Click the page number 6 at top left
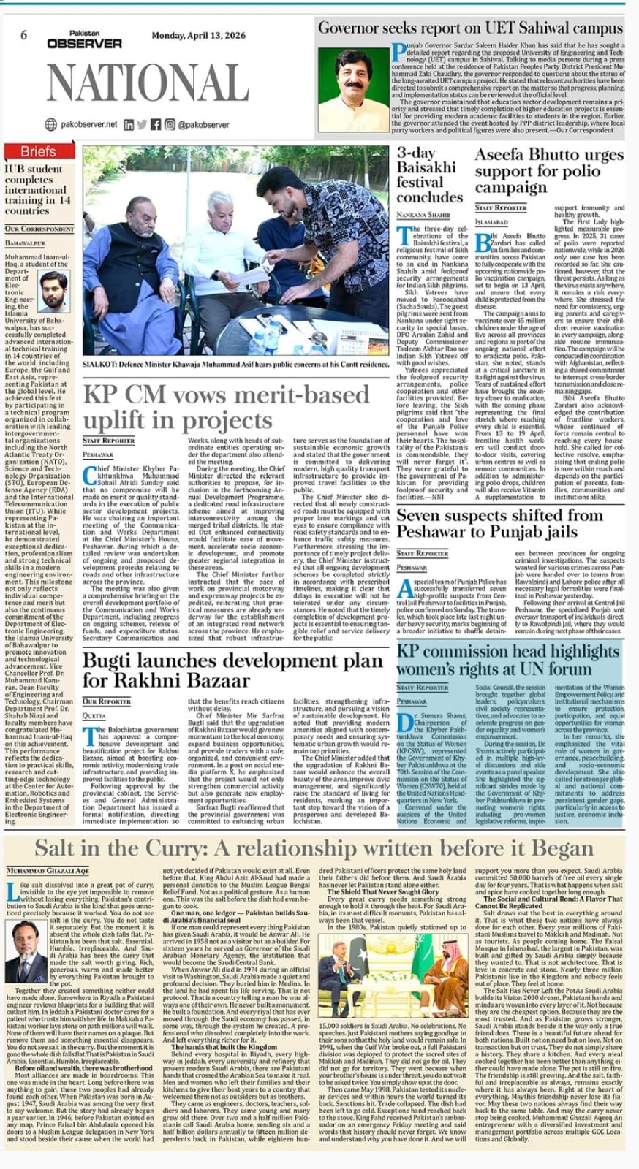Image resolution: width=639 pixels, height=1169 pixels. [x=24, y=35]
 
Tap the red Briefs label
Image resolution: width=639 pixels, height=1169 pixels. [x=38, y=151]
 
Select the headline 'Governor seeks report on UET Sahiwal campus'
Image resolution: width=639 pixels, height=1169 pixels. [x=470, y=28]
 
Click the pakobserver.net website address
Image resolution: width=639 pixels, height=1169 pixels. [x=88, y=124]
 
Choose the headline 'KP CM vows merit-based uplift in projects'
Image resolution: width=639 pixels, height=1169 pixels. [x=227, y=406]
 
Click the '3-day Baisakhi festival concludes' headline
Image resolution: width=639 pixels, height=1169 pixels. [x=429, y=175]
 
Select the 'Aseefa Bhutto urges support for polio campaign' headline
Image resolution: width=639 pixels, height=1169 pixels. [x=548, y=170]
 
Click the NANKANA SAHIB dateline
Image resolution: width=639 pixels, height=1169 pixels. [x=423, y=215]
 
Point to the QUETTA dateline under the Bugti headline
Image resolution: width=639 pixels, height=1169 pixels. [x=94, y=716]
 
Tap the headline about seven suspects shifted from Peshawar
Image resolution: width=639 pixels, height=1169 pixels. [x=510, y=522]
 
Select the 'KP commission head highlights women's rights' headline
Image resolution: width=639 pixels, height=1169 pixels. [x=508, y=659]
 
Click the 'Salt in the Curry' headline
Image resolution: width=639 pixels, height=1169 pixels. [x=314, y=848]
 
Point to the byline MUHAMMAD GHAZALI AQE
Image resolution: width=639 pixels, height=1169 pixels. [x=48, y=872]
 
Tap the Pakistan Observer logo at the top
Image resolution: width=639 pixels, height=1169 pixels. [x=84, y=39]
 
